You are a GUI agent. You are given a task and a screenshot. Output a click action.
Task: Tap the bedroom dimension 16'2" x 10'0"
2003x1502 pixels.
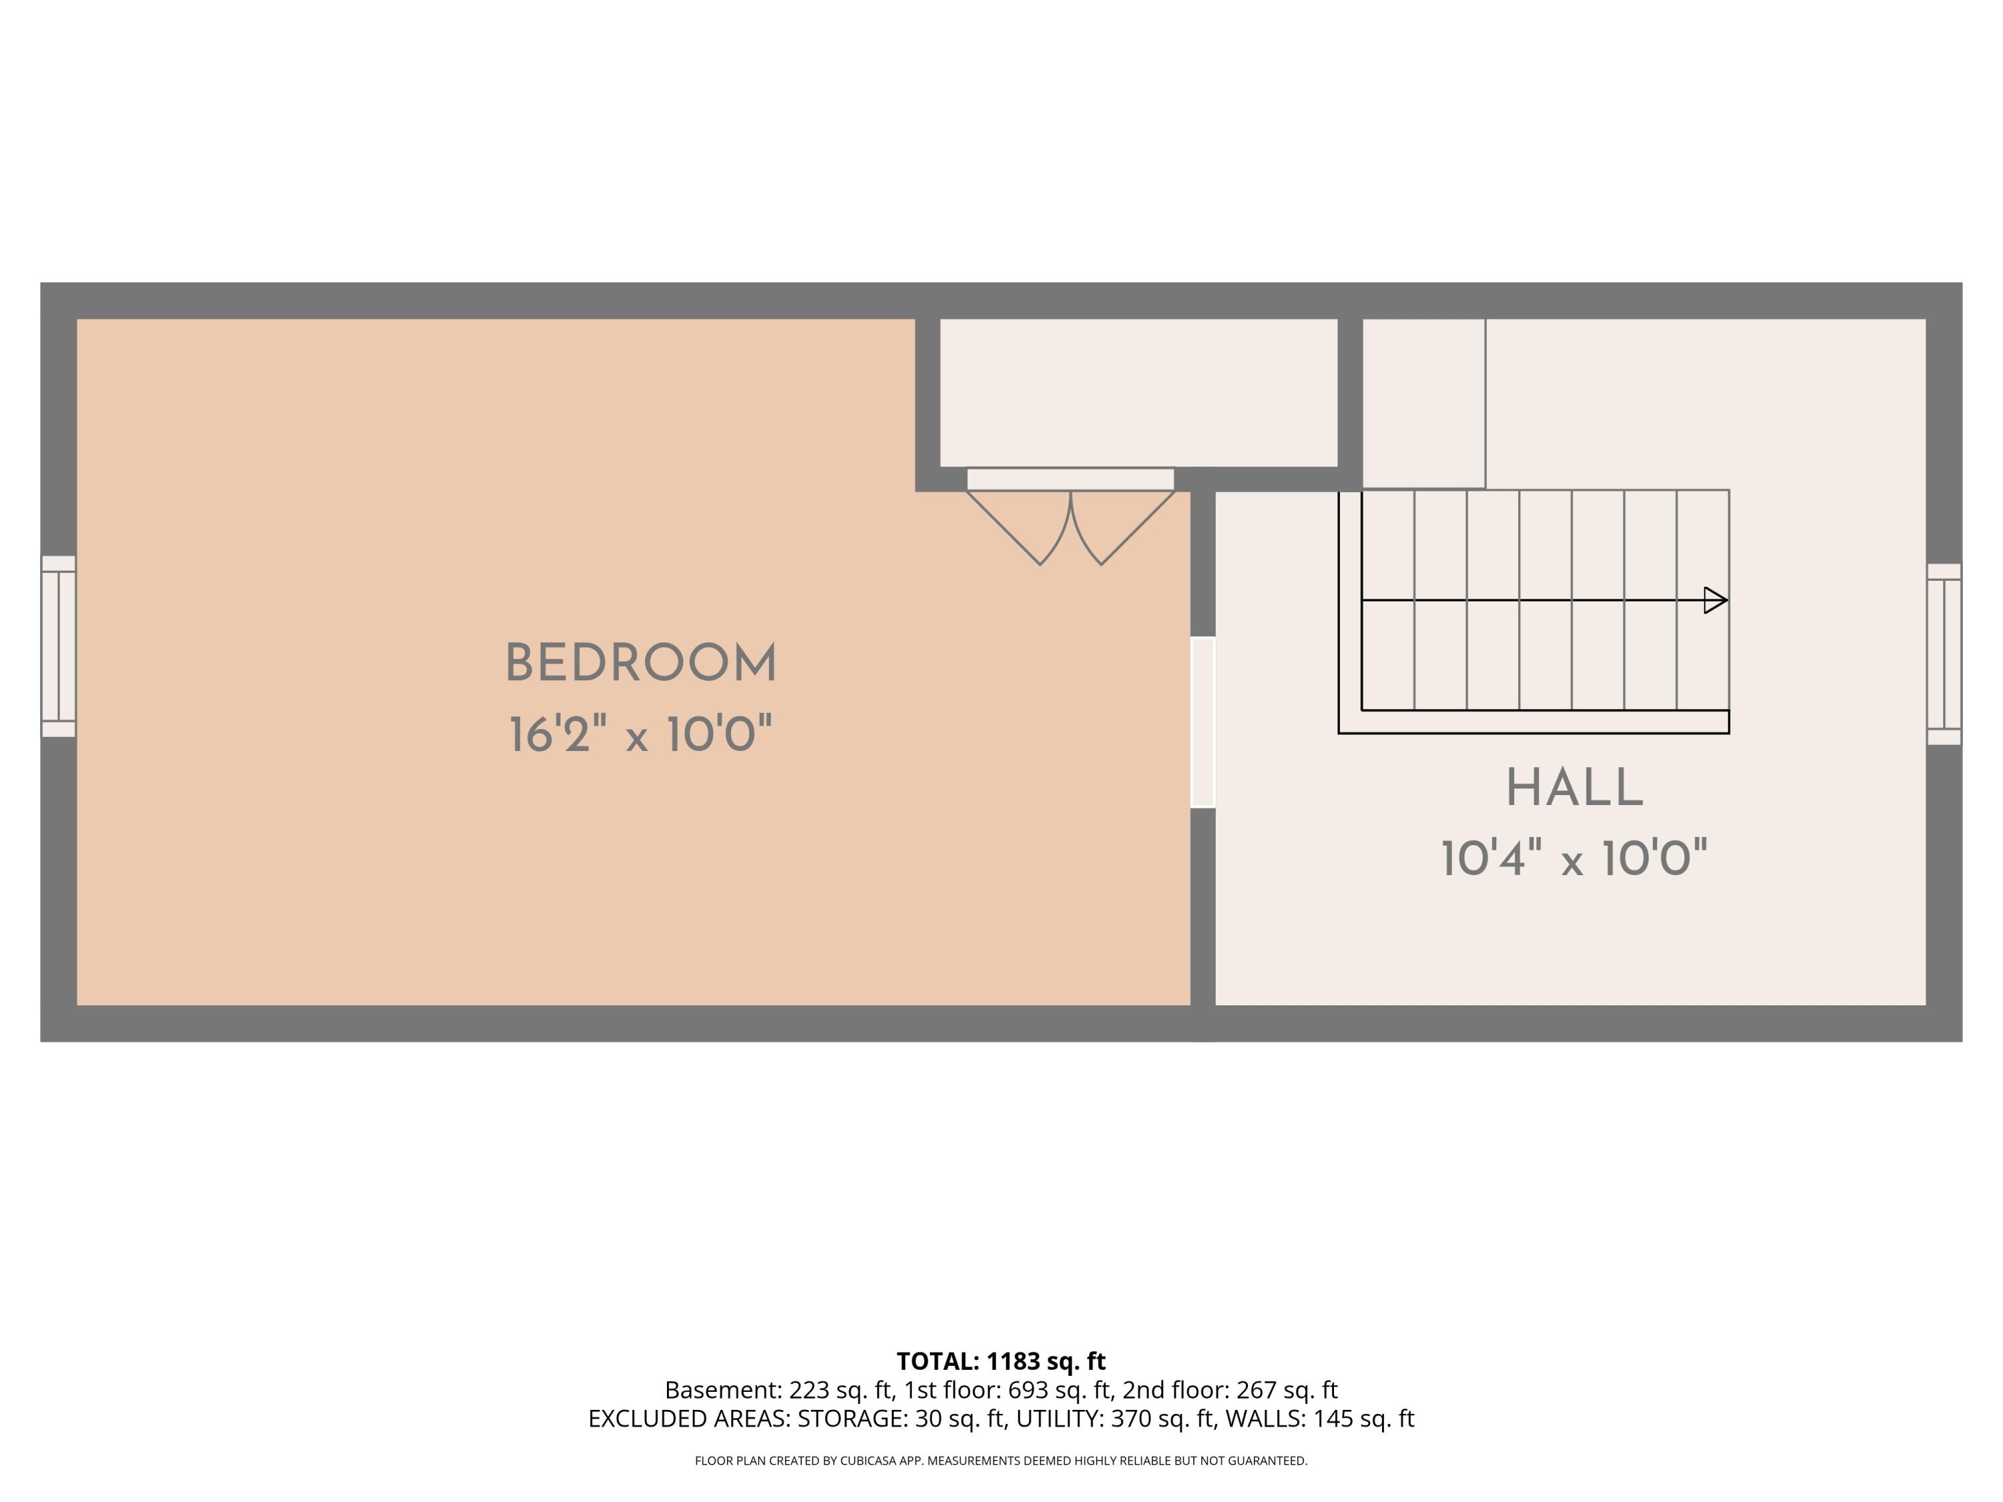click(x=640, y=734)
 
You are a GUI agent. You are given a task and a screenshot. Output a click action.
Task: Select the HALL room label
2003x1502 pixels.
click(x=1574, y=788)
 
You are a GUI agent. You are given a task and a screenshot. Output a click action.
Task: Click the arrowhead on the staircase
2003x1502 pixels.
click(x=1716, y=600)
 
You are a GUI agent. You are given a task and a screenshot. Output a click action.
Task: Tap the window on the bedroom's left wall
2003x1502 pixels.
click(x=58, y=646)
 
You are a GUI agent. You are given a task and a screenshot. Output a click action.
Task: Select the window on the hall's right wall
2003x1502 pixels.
click(x=1944, y=654)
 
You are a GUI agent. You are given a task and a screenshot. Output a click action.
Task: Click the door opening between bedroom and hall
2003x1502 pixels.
click(x=1202, y=722)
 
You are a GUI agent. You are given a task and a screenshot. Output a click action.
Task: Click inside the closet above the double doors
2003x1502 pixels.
click(x=1138, y=392)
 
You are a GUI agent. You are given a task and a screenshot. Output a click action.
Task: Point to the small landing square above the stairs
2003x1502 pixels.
click(x=1423, y=404)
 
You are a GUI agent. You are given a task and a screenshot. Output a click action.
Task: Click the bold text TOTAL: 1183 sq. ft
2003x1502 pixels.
click(x=1001, y=1360)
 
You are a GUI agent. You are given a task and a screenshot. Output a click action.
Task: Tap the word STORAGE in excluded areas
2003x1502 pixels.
click(x=851, y=1419)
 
